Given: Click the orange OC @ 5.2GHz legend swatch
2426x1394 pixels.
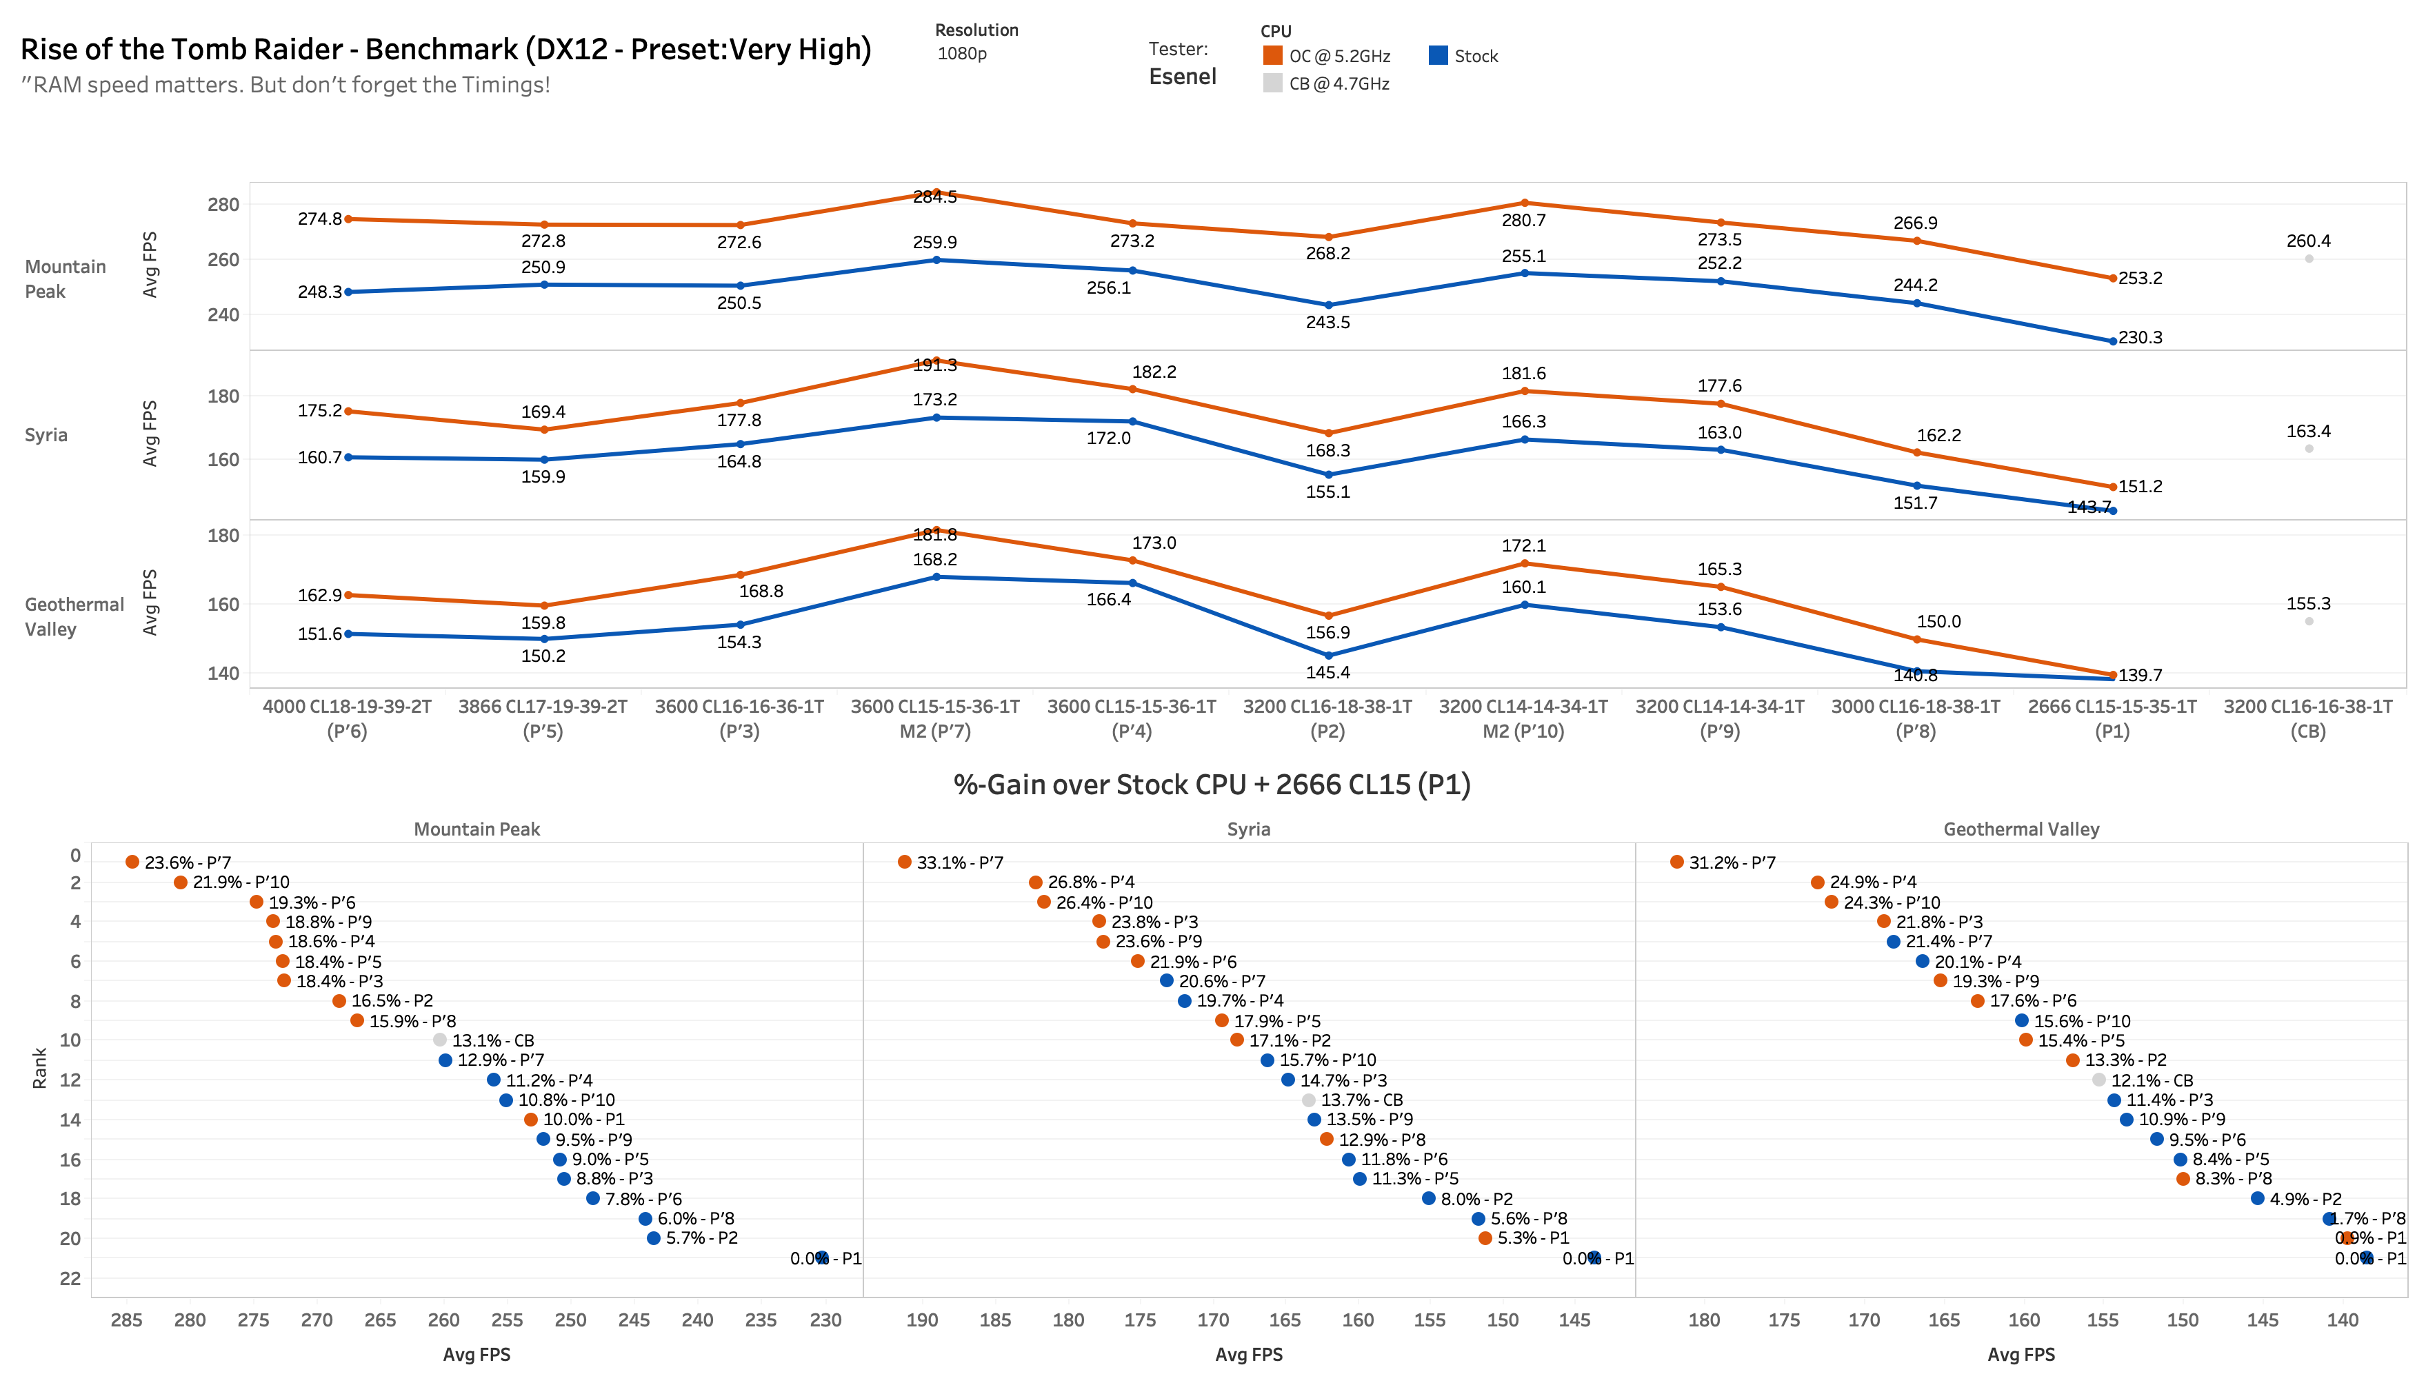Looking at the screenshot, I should [1272, 56].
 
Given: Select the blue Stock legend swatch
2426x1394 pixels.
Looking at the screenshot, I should [1438, 56].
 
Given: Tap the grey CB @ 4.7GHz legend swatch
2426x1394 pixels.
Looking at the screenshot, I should [1272, 83].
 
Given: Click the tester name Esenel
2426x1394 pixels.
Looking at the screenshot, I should [1183, 77].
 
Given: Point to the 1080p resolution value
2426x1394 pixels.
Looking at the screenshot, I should [961, 54].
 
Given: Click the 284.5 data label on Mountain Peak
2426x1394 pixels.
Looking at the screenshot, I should [934, 197].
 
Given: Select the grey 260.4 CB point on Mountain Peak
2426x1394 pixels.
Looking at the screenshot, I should [2308, 259].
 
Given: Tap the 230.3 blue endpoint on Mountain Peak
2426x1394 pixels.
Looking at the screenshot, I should [2113, 341].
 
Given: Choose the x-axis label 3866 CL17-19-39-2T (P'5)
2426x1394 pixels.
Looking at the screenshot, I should [543, 718].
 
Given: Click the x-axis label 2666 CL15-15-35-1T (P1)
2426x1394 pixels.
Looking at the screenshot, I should [2112, 718].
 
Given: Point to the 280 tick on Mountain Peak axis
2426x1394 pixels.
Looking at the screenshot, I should [223, 205].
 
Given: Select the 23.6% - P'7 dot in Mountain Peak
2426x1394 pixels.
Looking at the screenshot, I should [132, 862].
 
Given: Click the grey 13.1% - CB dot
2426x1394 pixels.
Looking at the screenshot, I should [439, 1040].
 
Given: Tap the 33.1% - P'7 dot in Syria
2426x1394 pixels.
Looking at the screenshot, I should [905, 862].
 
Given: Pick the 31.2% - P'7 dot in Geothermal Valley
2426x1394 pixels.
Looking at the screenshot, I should [1676, 862].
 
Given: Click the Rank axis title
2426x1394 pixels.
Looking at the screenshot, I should [39, 1067].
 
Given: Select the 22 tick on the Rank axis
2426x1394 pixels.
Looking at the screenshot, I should [70, 1278].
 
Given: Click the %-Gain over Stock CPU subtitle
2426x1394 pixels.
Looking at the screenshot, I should [1211, 785].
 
